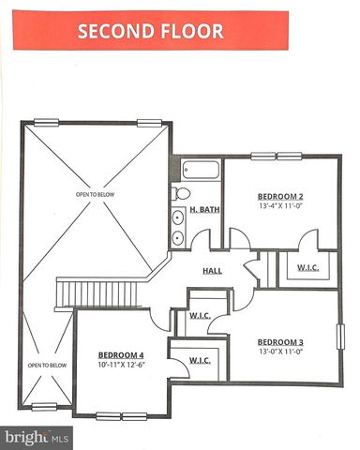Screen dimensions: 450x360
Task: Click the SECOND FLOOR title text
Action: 150,31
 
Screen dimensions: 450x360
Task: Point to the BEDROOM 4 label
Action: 121,354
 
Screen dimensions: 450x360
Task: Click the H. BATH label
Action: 204,210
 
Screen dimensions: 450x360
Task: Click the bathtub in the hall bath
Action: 201,171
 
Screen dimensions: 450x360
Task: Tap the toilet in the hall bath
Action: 180,193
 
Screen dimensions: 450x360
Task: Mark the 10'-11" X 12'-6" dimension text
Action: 121,367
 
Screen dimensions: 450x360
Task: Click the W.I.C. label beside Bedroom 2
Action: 308,268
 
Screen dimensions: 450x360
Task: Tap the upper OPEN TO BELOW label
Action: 97,194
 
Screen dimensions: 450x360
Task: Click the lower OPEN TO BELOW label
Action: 46,365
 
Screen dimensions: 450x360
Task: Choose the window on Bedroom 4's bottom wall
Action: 122,415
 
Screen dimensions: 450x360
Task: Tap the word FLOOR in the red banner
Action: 190,31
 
